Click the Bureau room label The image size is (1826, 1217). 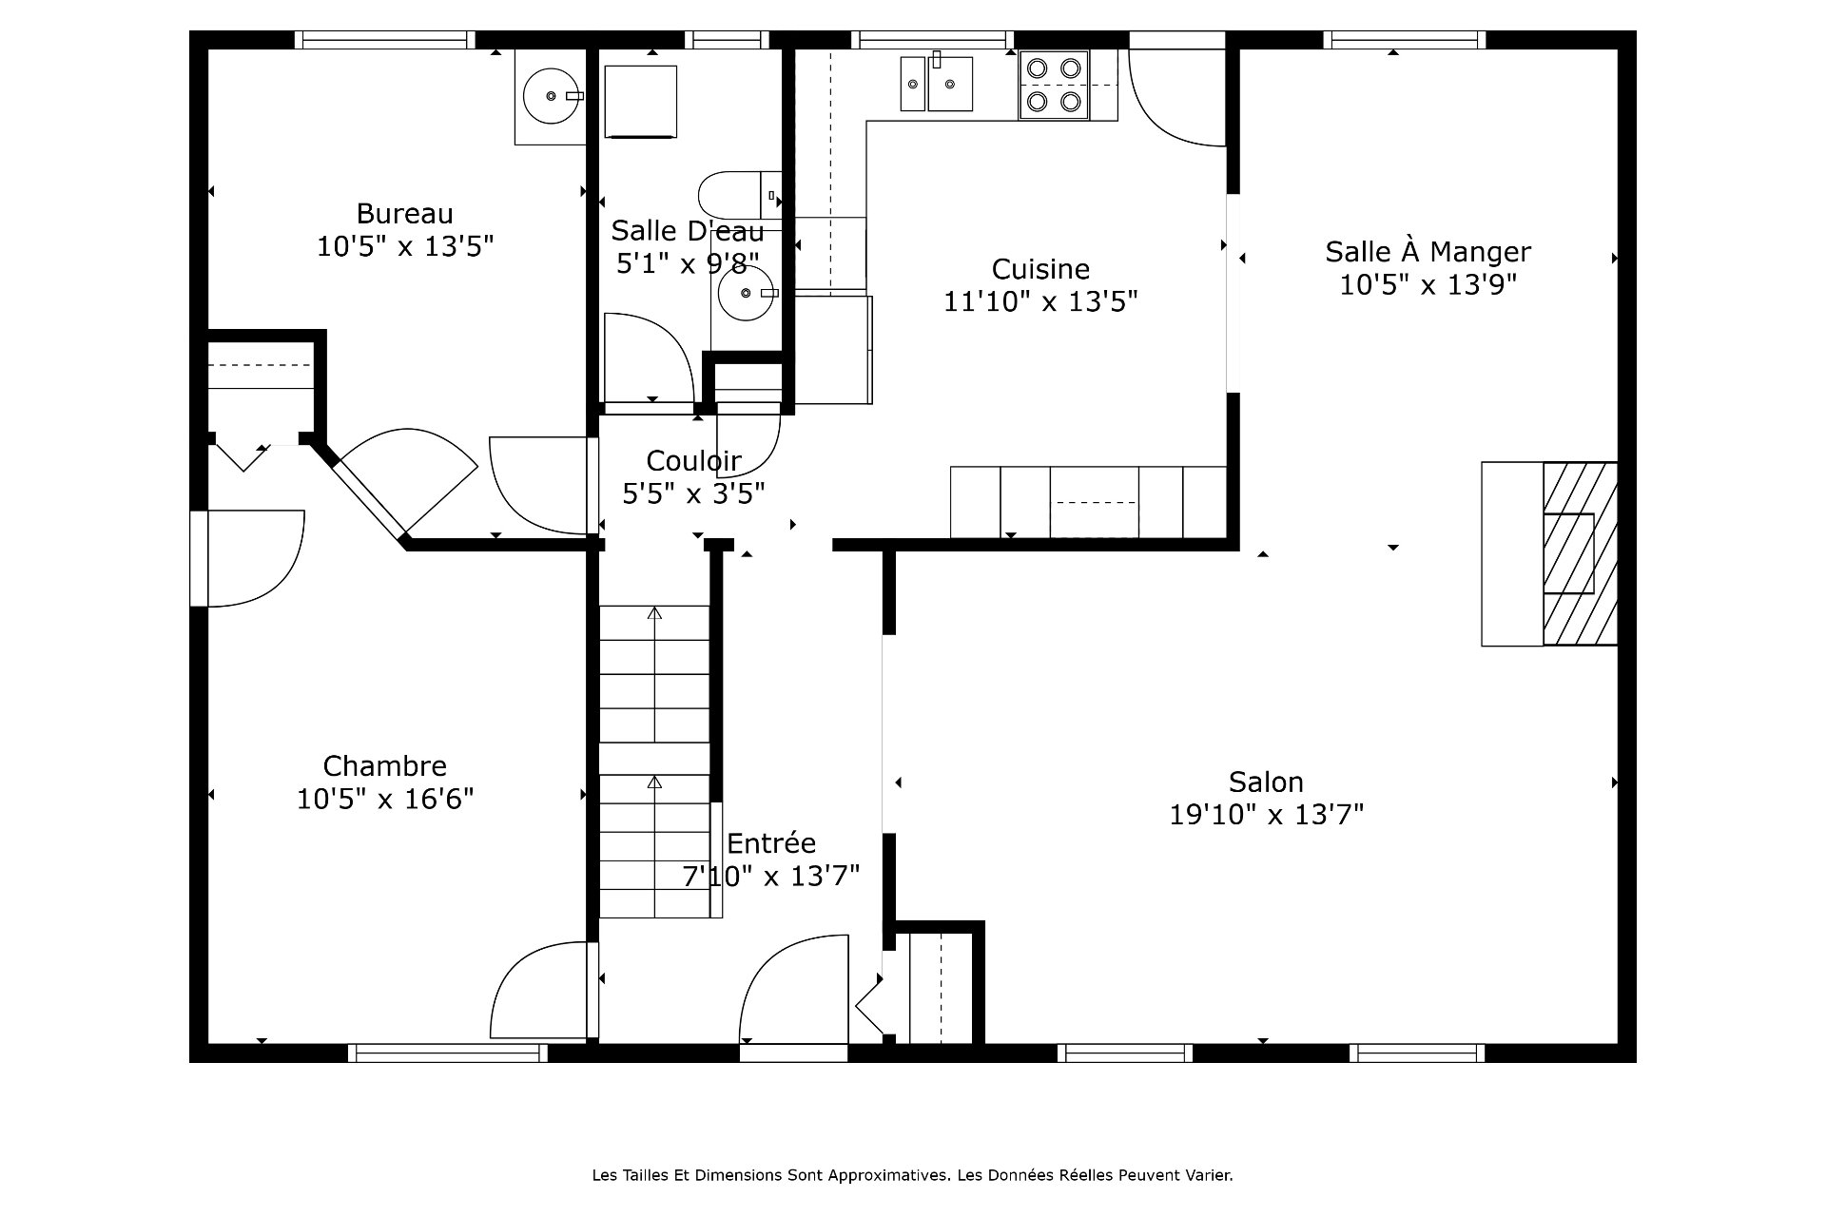[x=404, y=214]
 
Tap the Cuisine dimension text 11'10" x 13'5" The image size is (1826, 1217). [x=1040, y=301]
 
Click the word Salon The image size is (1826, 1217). [x=1266, y=782]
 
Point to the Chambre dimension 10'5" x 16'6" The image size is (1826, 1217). [x=385, y=799]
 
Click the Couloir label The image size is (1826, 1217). [x=693, y=461]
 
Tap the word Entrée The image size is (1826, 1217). [x=771, y=843]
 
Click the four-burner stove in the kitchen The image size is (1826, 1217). [x=1055, y=85]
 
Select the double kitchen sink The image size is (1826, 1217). [x=937, y=83]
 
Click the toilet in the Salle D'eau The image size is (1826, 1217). [x=740, y=196]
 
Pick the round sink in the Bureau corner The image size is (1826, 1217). [x=552, y=96]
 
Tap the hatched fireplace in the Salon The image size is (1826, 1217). [x=1580, y=553]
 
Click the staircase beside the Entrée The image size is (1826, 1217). [x=654, y=762]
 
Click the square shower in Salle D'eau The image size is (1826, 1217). [x=641, y=102]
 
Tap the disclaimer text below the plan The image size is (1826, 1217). [x=912, y=1175]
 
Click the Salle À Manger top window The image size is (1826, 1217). [x=1404, y=40]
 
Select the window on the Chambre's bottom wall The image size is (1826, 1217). [x=447, y=1053]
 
